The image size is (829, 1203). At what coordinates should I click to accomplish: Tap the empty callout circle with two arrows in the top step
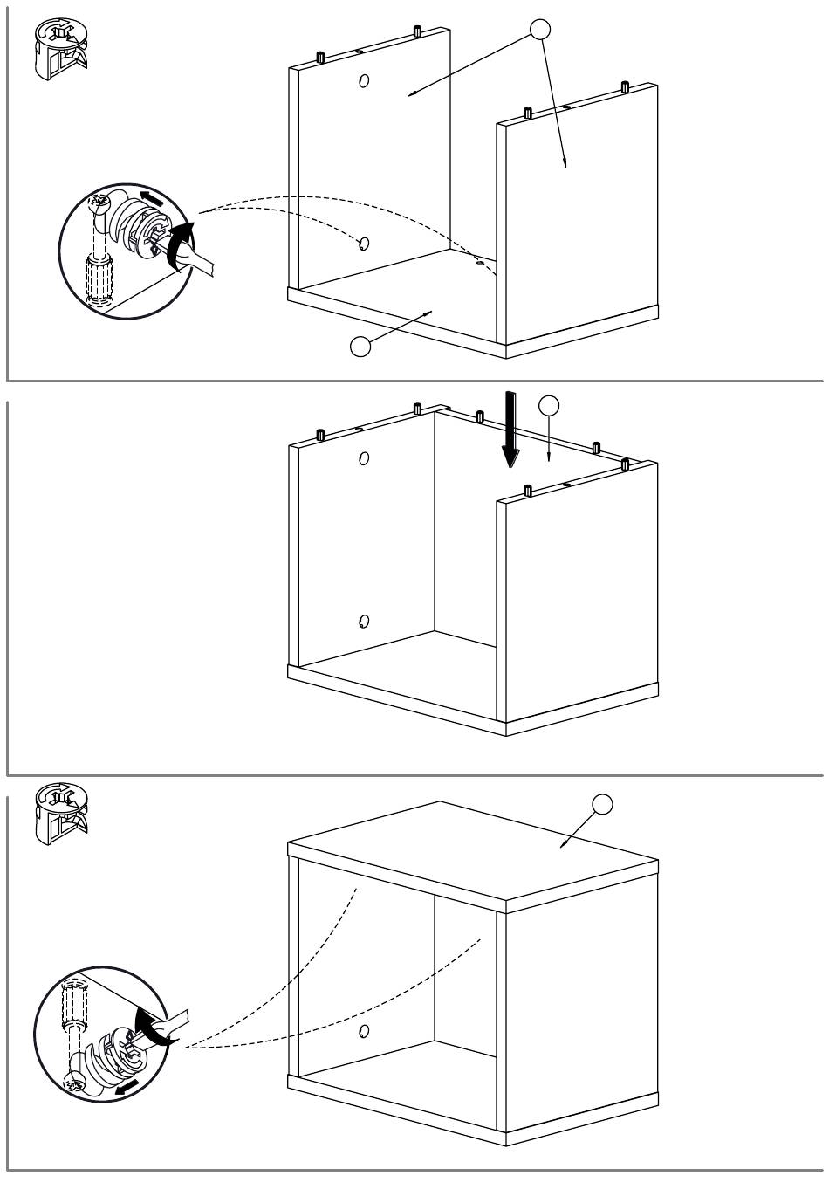[x=541, y=30]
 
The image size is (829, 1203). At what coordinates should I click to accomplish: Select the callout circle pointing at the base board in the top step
[x=360, y=346]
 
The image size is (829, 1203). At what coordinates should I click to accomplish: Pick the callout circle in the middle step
[x=548, y=405]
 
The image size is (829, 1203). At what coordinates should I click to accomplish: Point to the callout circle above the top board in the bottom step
[x=602, y=804]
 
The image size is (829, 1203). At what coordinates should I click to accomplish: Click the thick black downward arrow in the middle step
[x=510, y=432]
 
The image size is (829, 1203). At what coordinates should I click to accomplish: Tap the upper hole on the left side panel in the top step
[x=363, y=81]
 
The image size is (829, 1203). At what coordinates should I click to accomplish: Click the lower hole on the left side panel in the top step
[x=363, y=244]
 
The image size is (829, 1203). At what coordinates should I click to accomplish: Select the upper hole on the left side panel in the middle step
[x=363, y=457]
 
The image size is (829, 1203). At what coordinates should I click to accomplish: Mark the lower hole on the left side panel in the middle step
[x=363, y=622]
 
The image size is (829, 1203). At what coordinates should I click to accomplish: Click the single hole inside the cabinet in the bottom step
[x=363, y=1032]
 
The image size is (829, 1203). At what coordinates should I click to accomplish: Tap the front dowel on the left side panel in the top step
[x=320, y=58]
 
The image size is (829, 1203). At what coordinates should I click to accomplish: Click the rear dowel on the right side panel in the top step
[x=625, y=86]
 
